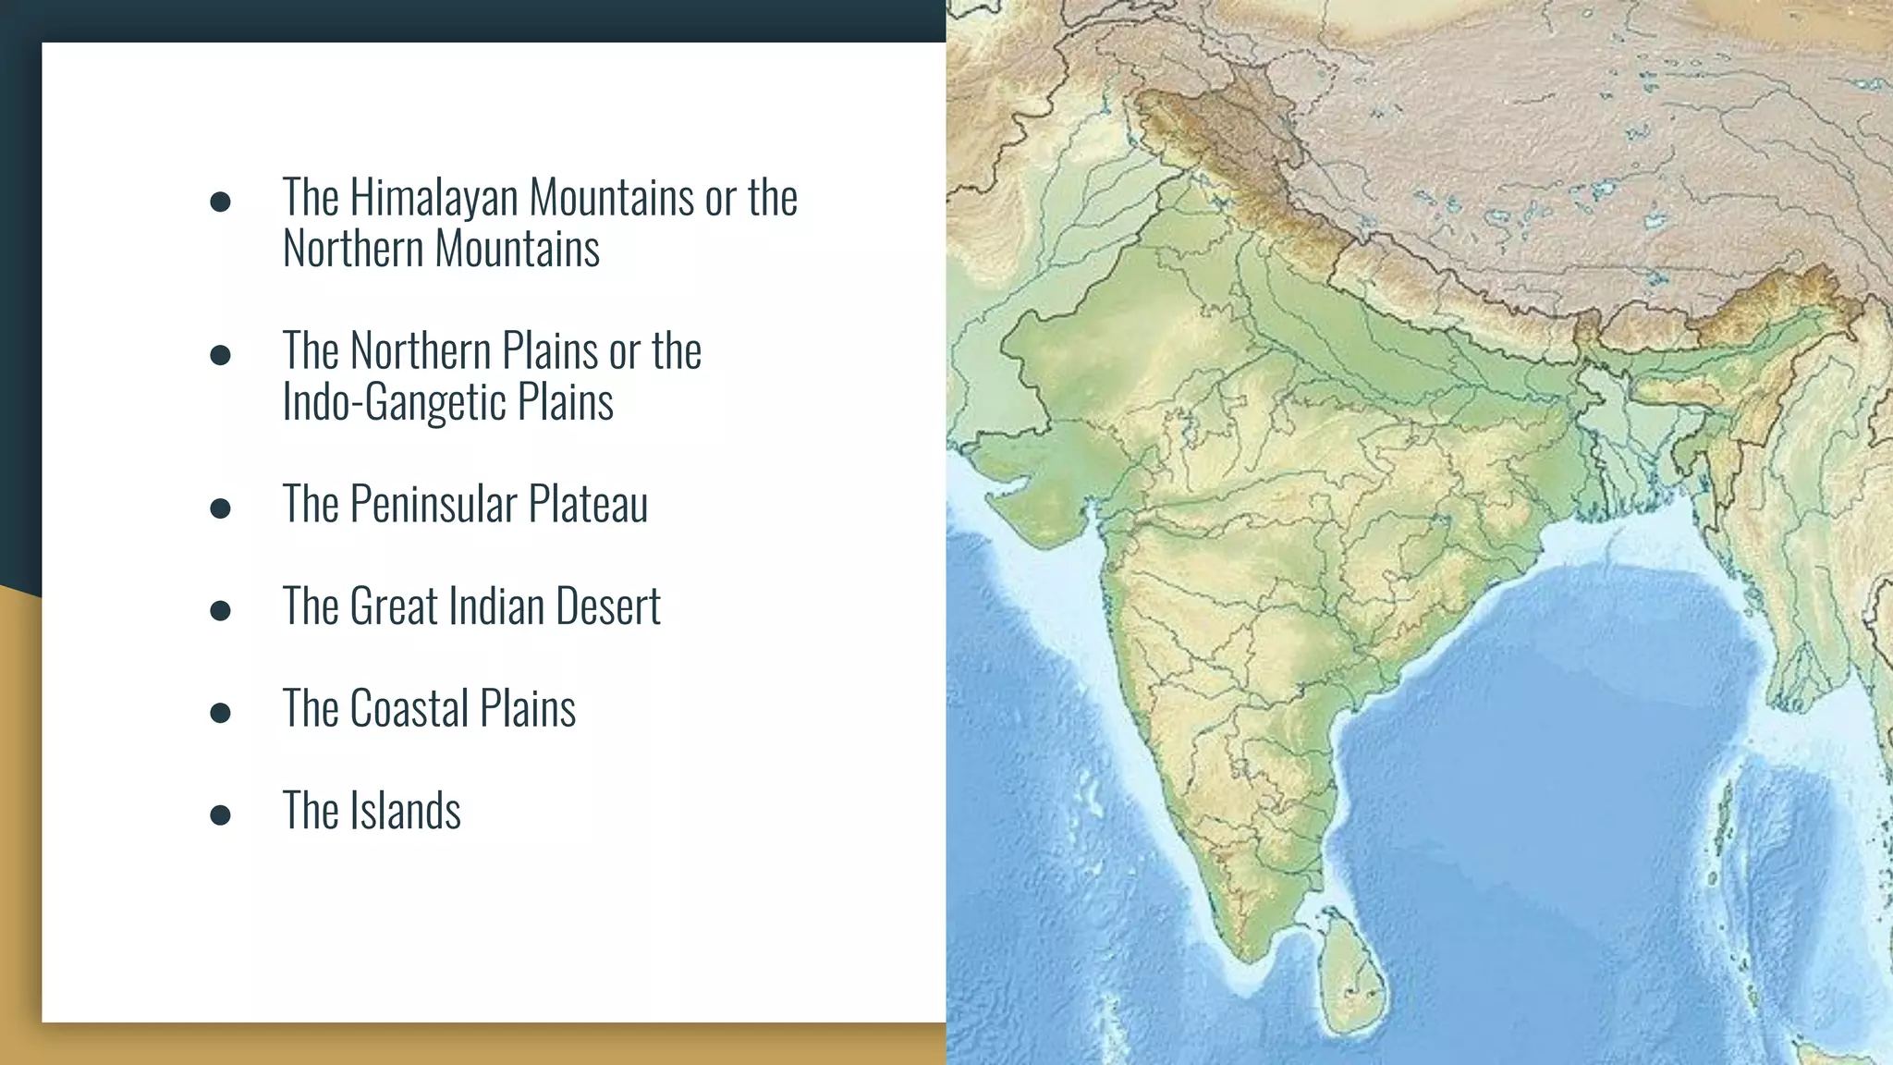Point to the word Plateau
point(588,505)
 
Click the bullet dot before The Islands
point(220,814)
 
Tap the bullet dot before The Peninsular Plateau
point(220,508)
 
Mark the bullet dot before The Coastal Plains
point(220,712)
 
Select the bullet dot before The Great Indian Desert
point(220,610)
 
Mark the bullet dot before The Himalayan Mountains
point(220,202)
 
